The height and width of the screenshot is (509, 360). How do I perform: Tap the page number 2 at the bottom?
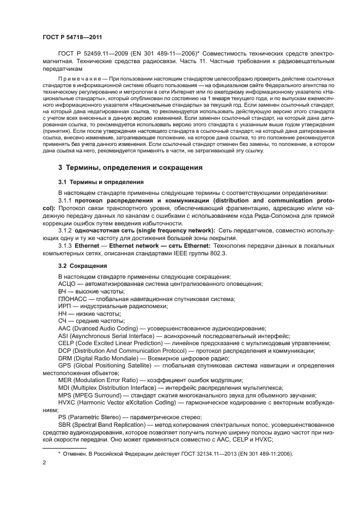pos(44,463)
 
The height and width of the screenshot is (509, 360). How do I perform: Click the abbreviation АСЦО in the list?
pos(67,284)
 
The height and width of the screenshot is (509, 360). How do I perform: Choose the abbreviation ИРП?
pos(64,306)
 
